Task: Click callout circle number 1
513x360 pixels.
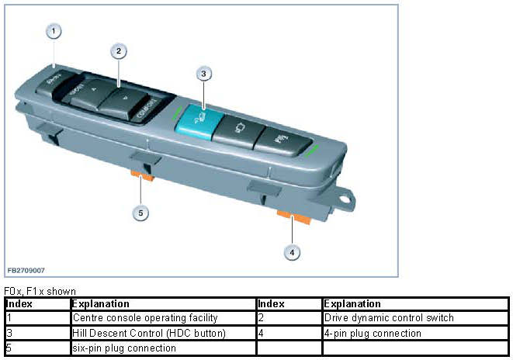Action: tap(53, 31)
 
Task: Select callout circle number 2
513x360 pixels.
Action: tap(118, 51)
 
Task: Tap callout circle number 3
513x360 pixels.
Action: tap(203, 74)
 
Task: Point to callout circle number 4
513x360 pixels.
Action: tap(293, 251)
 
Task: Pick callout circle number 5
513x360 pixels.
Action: tap(141, 212)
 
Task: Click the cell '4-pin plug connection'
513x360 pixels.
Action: tap(373, 334)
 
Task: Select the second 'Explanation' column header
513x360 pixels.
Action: tap(352, 304)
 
